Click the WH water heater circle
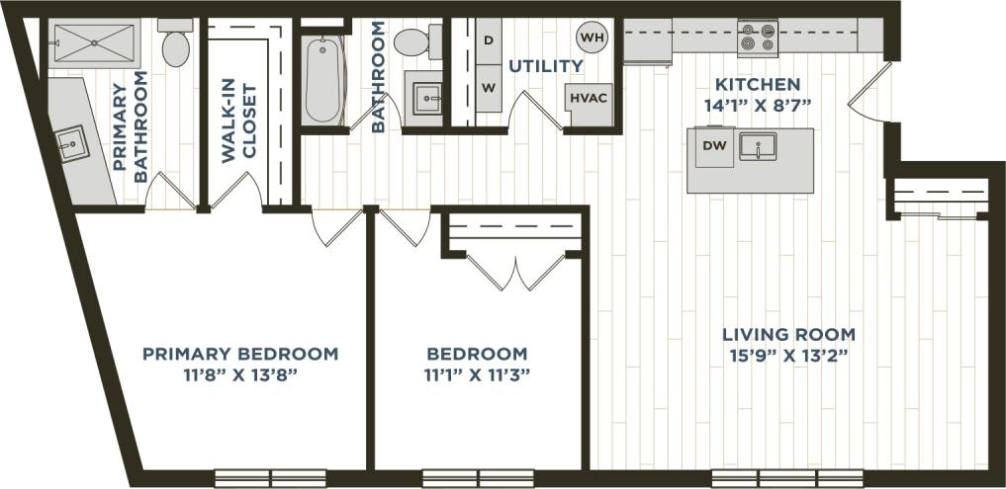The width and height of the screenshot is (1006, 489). click(x=593, y=38)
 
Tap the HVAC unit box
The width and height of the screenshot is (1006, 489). click(x=584, y=99)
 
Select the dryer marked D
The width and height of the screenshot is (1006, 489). click(x=488, y=41)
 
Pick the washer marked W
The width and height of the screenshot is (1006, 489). click(x=488, y=87)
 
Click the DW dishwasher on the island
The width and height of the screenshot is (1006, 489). click(x=713, y=147)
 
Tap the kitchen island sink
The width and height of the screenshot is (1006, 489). click(x=758, y=147)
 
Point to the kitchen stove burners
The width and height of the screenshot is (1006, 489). click(x=758, y=38)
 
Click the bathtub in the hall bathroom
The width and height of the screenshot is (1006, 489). click(x=323, y=78)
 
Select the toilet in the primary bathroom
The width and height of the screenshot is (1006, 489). click(x=175, y=43)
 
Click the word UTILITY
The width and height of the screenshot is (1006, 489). click(x=545, y=66)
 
